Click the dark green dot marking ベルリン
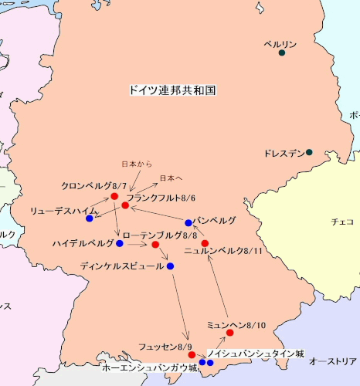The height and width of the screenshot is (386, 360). click(x=282, y=53)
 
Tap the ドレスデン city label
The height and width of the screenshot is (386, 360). click(x=284, y=153)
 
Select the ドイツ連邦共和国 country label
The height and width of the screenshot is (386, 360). click(x=172, y=90)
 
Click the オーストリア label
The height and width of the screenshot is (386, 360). click(x=333, y=361)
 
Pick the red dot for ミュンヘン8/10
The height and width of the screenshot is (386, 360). click(x=229, y=333)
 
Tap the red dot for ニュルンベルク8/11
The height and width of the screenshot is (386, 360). click(x=205, y=243)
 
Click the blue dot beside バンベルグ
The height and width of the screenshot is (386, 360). click(x=188, y=223)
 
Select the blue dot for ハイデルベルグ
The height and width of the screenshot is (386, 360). click(x=120, y=243)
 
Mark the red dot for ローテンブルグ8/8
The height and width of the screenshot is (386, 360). click(x=155, y=245)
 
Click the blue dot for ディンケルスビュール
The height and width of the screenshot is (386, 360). click(x=170, y=266)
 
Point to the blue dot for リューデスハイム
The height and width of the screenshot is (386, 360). click(x=90, y=218)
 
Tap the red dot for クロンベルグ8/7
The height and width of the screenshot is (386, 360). click(x=114, y=197)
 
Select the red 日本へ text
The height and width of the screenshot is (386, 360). click(x=171, y=178)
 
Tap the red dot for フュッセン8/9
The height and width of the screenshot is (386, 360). click(x=192, y=355)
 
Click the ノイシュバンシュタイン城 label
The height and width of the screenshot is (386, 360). click(x=255, y=352)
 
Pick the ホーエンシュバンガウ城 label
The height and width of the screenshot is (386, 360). click(x=150, y=369)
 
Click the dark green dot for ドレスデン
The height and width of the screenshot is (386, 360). click(x=309, y=152)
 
